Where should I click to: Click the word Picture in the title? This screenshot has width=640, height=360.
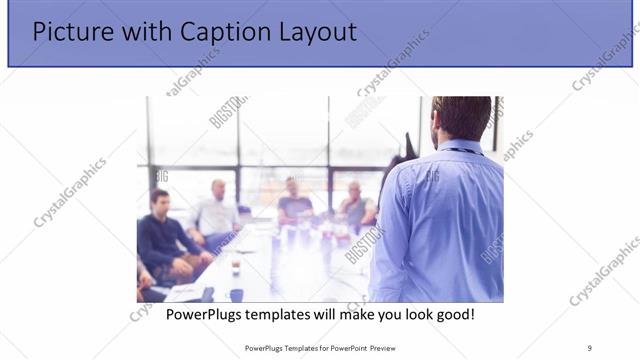coord(68,32)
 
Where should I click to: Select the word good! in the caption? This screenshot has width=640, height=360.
coord(454,315)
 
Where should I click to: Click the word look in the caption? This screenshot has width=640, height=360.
coord(412,315)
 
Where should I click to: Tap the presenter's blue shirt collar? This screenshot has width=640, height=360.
coord(459,148)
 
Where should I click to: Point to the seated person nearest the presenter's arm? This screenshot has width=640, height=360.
coord(356,205)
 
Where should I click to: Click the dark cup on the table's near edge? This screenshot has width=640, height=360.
coord(236,293)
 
